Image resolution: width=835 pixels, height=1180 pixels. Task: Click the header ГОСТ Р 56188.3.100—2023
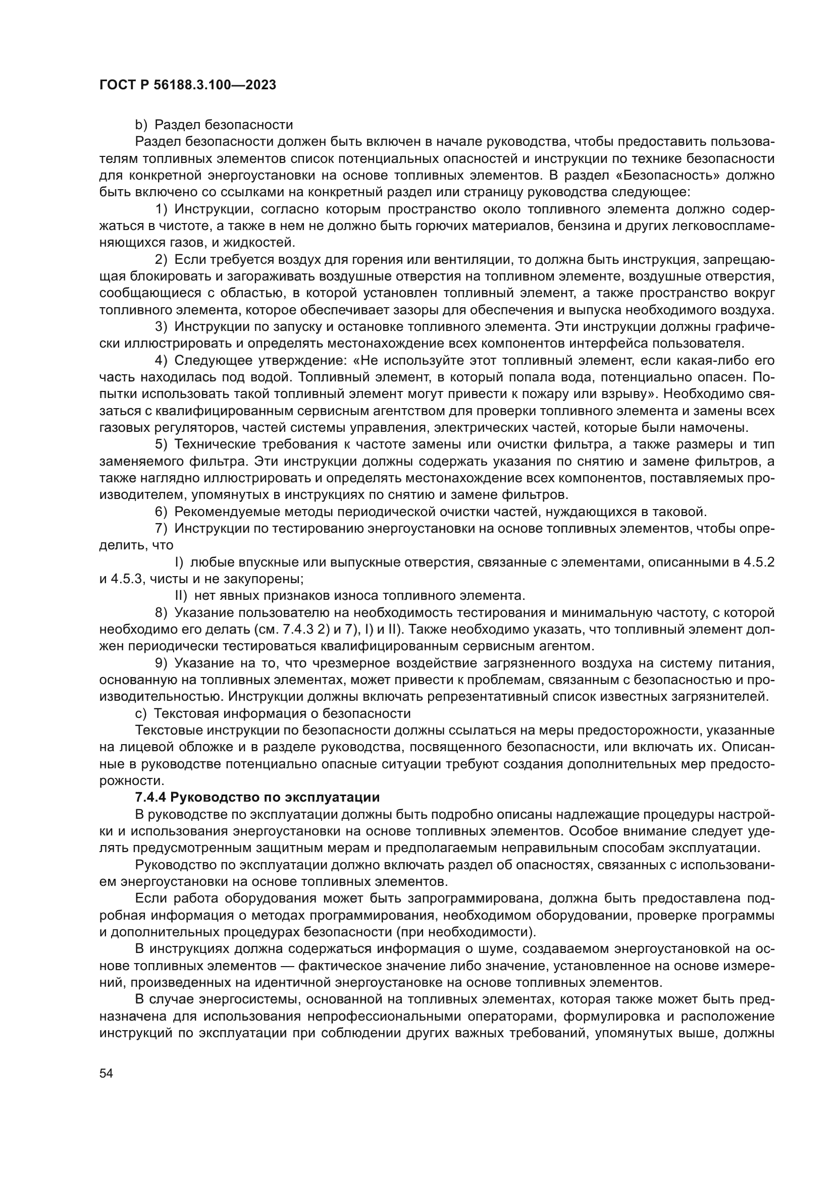coord(188,85)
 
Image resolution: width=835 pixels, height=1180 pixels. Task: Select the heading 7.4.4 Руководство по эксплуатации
coord(257,798)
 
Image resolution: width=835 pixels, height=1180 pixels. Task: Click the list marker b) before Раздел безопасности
coord(141,125)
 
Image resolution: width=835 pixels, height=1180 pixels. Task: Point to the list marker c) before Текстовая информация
coord(140,714)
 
